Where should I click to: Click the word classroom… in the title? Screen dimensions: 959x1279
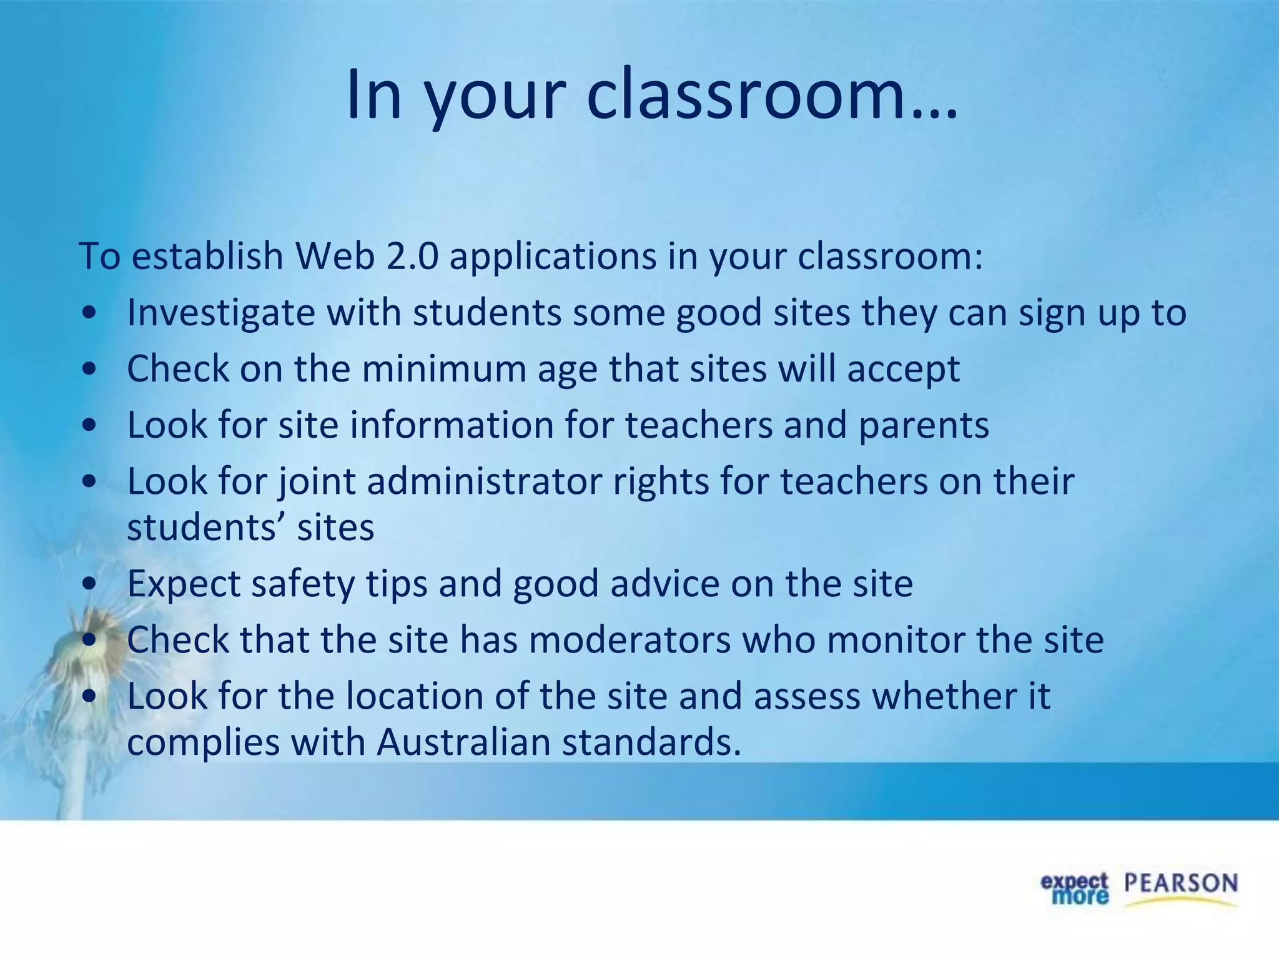pyautogui.click(x=771, y=95)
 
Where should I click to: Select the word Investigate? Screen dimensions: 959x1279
pyautogui.click(x=220, y=313)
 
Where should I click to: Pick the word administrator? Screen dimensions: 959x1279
pyautogui.click(x=484, y=481)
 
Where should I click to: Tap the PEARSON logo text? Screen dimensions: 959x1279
pyautogui.click(x=1180, y=883)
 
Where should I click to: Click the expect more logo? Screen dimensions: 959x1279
pyautogui.click(x=1074, y=889)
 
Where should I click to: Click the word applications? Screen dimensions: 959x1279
pyautogui.click(x=553, y=257)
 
